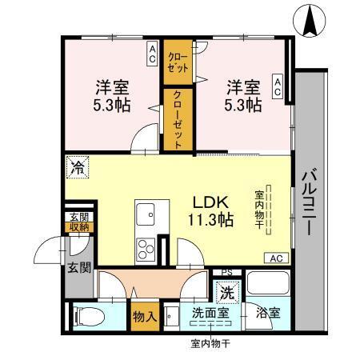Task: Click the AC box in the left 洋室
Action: point(152,55)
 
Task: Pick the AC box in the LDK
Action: point(276,258)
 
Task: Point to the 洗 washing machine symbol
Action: point(228,291)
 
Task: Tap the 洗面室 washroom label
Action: point(210,313)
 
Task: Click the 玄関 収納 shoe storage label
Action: point(78,222)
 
